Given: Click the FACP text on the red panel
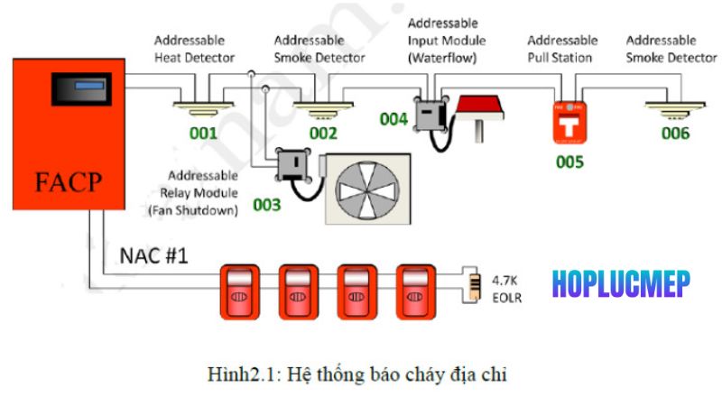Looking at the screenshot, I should (68, 185).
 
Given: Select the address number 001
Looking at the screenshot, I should (202, 134).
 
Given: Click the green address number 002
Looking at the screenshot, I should (322, 134).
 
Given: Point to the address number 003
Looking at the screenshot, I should (266, 205).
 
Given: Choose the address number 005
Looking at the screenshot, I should (569, 162).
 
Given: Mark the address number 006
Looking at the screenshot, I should (674, 134).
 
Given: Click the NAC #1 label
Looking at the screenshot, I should (153, 256).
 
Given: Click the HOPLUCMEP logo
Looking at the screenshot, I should (621, 283).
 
